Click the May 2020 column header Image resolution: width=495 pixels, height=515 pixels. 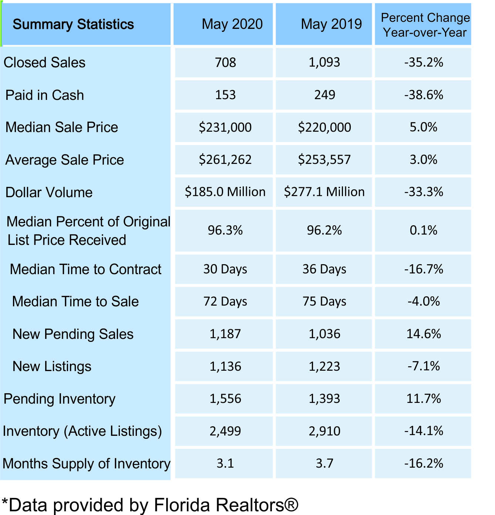tap(232, 24)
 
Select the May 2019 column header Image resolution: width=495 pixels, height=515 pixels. tap(331, 24)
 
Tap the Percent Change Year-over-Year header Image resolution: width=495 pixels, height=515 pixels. tap(425, 25)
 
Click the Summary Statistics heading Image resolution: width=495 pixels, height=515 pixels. tap(73, 24)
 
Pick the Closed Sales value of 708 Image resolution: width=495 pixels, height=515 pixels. tap(225, 63)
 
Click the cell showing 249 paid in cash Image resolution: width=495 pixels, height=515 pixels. tap(324, 95)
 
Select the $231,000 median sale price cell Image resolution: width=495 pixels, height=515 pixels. tap(225, 128)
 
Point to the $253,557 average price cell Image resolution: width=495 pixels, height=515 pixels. tap(324, 160)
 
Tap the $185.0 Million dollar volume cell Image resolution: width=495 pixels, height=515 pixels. tap(225, 192)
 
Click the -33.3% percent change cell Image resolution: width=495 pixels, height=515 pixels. tap(423, 192)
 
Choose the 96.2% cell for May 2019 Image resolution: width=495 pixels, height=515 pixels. tap(324, 230)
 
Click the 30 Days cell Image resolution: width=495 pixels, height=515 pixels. tap(225, 269)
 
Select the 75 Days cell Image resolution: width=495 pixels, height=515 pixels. tap(324, 302)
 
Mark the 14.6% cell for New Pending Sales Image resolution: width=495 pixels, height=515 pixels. tap(423, 334)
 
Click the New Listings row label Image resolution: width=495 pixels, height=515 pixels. tap(52, 367)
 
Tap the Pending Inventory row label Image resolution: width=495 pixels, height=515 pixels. tap(59, 399)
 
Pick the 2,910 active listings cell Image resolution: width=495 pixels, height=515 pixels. tap(324, 431)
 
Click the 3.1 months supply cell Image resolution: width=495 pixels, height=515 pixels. tap(225, 464)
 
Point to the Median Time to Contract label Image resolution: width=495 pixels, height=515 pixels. tap(85, 269)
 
